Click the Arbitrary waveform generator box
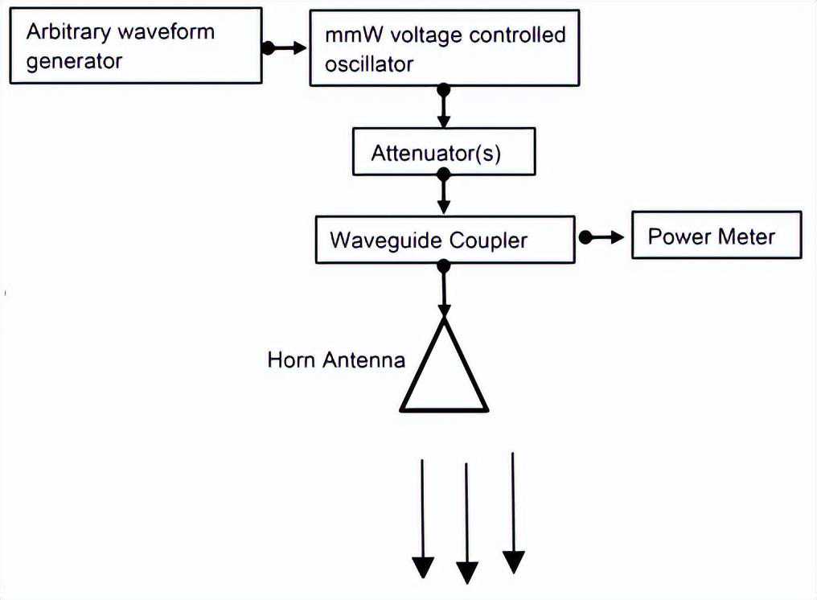[x=135, y=46]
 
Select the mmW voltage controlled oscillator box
[x=444, y=48]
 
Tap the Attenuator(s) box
[x=444, y=153]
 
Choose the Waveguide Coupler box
[x=445, y=239]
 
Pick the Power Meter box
[x=716, y=235]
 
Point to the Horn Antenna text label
[x=336, y=360]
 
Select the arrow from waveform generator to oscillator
[x=285, y=48]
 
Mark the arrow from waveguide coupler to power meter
[x=603, y=237]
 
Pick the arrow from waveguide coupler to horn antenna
[x=443, y=290]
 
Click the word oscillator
[x=369, y=64]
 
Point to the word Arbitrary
[x=64, y=32]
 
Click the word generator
[x=74, y=62]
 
